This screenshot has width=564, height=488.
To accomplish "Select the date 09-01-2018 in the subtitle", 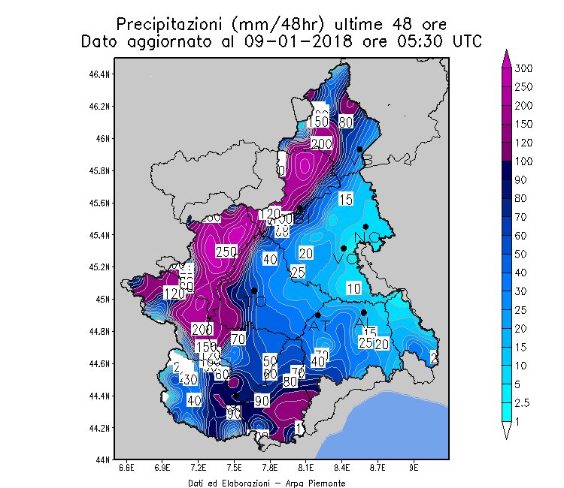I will [x=285, y=41].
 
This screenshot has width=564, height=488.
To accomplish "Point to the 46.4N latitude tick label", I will [x=101, y=74].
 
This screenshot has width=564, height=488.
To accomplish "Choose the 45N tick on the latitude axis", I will [x=105, y=299].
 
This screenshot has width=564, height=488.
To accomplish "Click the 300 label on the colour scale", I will [x=524, y=68].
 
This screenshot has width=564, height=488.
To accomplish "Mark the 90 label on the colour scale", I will [x=522, y=179].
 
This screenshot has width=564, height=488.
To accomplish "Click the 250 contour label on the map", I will [x=226, y=252].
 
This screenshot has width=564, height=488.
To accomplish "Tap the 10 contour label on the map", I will [x=353, y=288].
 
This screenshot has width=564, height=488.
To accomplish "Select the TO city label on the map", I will [x=256, y=302].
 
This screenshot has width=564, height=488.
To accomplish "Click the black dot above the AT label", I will [x=318, y=315].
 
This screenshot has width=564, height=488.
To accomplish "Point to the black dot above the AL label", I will [x=364, y=312].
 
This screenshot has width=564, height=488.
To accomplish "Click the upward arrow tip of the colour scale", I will [x=506, y=52].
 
